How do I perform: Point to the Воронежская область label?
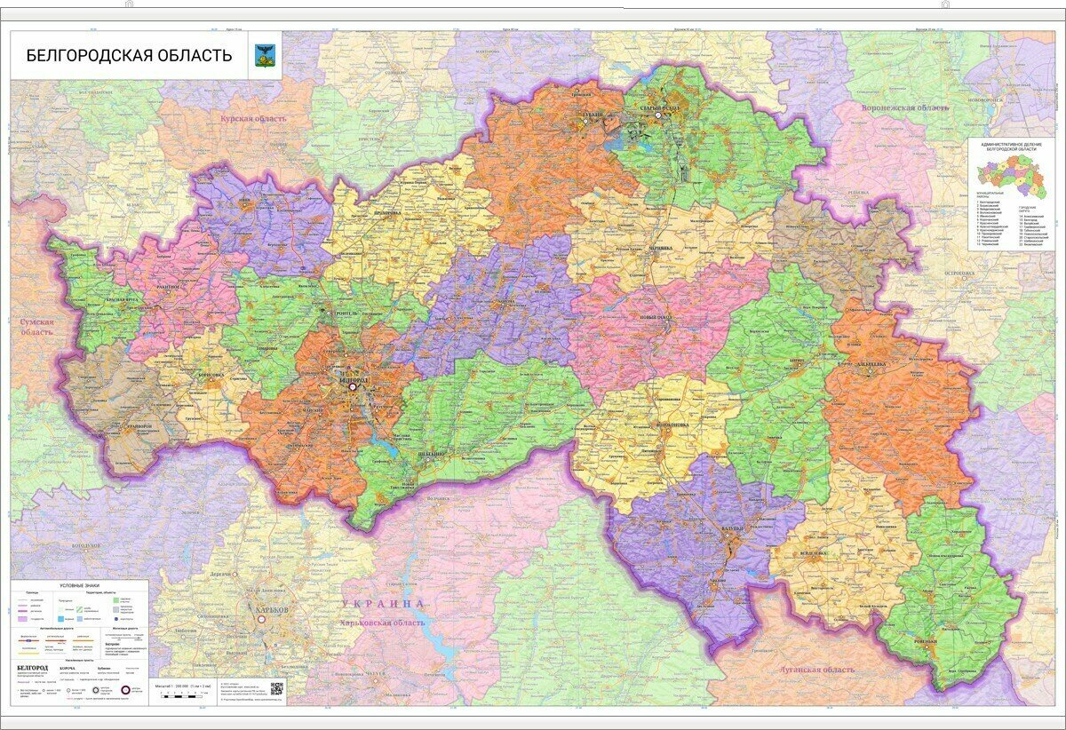click(x=903, y=107)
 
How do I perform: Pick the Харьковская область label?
click(x=383, y=623)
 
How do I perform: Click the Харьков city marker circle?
click(x=261, y=623)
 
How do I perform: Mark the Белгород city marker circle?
click(x=353, y=386)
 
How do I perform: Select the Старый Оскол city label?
click(x=658, y=107)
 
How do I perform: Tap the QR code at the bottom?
click(x=276, y=688)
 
